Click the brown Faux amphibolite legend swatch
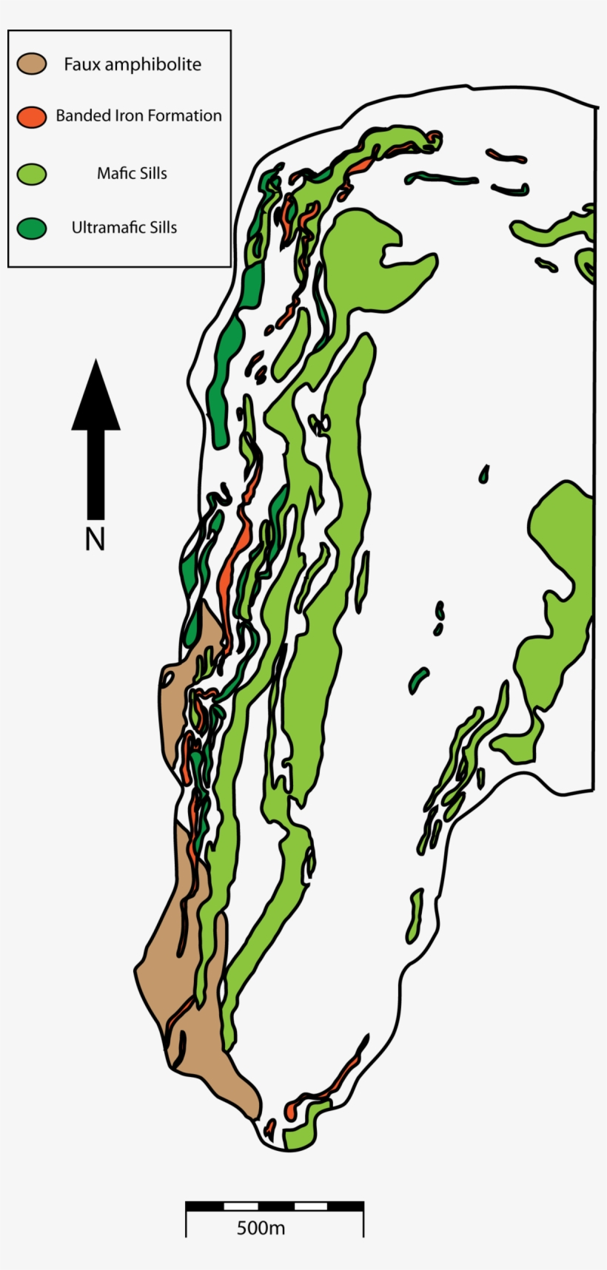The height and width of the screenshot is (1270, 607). pos(32,64)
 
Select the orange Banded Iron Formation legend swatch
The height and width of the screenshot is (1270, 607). pos(32,116)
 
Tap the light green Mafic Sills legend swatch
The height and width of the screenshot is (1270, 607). pos(32,174)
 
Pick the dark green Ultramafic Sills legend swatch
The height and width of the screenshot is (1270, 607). pos(32,228)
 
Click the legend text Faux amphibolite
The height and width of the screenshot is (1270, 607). pos(132,64)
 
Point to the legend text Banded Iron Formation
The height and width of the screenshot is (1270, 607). pos(138,116)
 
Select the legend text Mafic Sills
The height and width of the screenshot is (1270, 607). pos(132,174)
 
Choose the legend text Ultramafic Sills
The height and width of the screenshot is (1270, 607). pos(124,228)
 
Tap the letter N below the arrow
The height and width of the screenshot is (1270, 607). pos(95,540)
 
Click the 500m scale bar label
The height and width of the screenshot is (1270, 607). pos(261,1229)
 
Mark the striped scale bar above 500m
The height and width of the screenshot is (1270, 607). pos(274,1206)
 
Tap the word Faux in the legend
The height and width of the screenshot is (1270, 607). pos(81,64)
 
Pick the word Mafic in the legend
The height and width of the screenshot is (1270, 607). pos(113,174)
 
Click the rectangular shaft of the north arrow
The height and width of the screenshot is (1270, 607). pos(95,473)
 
